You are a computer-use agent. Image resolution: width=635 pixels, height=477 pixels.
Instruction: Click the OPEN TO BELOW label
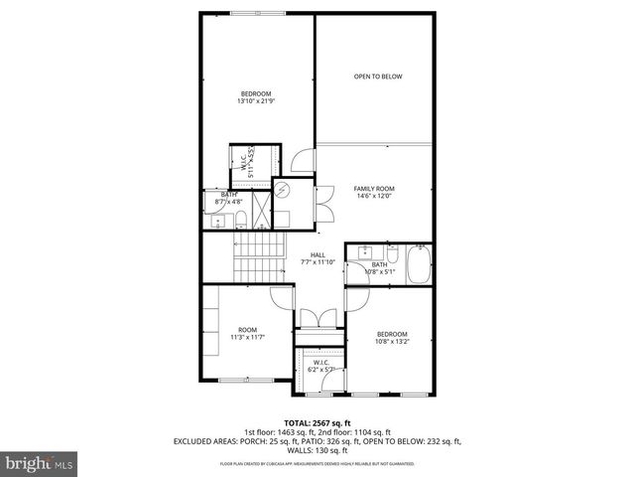coord(379,77)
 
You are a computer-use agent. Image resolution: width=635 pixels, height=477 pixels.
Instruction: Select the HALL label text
coord(317,258)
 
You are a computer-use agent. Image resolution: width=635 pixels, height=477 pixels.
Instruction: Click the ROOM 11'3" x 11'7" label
coord(247,334)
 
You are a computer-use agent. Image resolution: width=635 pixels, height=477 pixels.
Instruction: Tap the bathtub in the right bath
coord(421,265)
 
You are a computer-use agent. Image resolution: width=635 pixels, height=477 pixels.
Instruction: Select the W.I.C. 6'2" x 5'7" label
coord(320,367)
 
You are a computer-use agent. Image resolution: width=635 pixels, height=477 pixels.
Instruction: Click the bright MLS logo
coord(38,462)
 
